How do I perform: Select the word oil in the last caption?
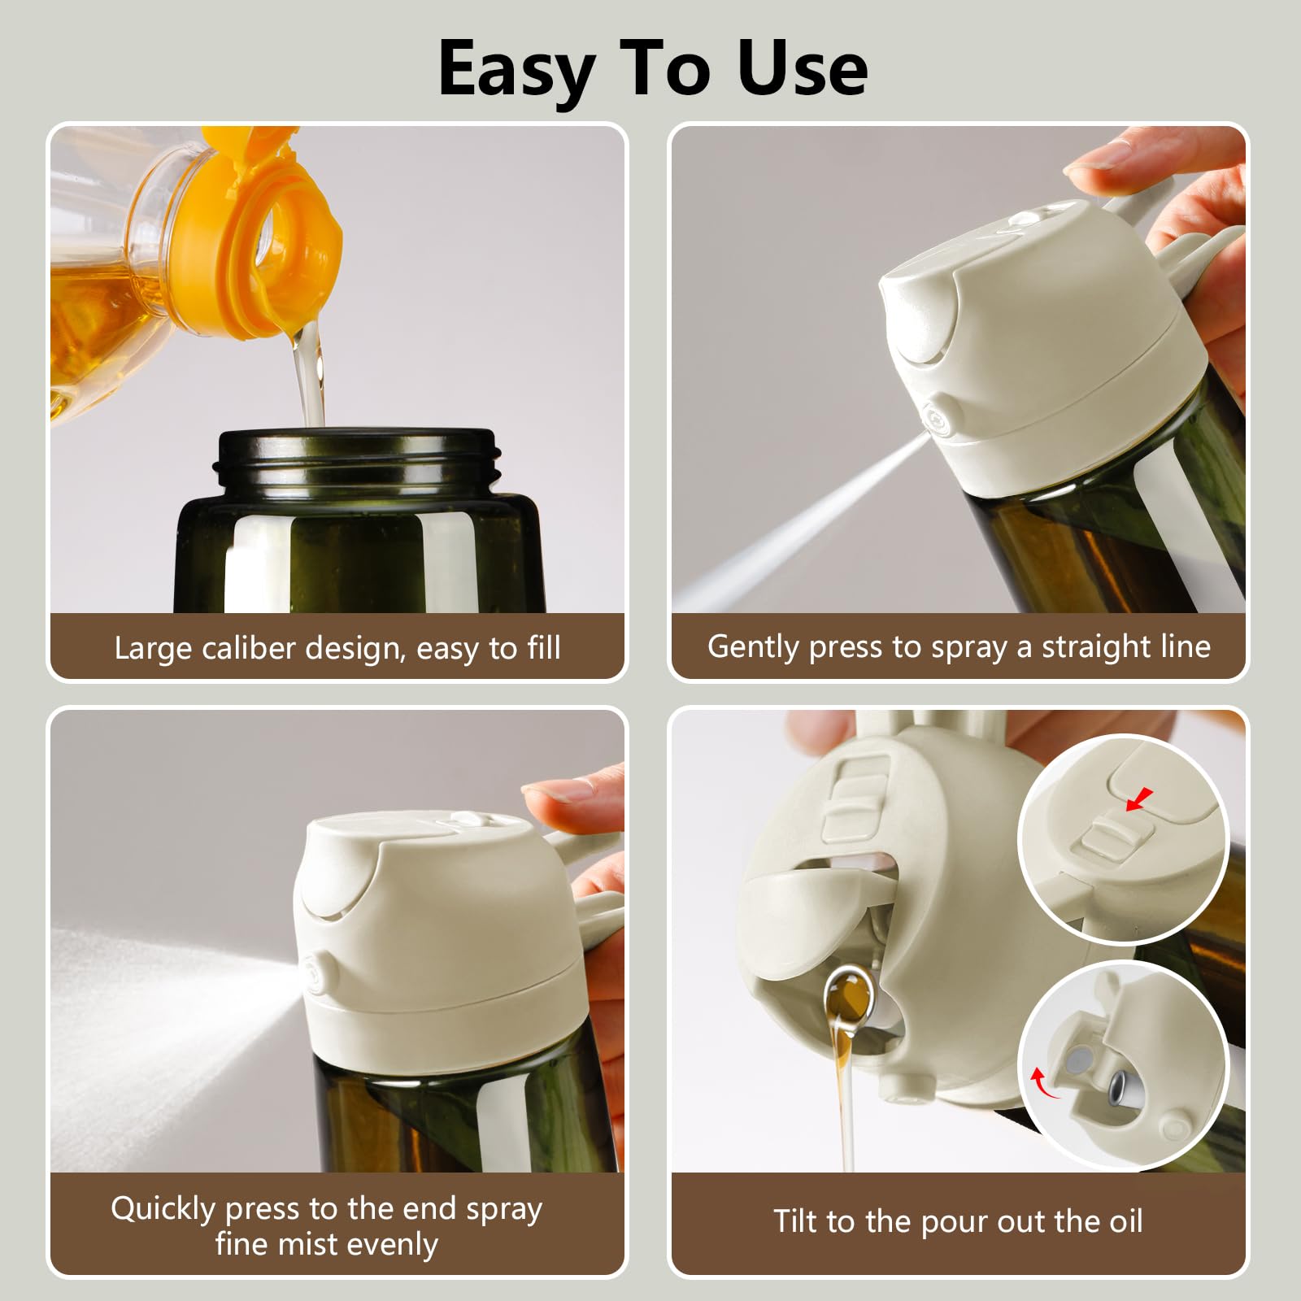1120,1221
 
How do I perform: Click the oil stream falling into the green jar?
310,374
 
